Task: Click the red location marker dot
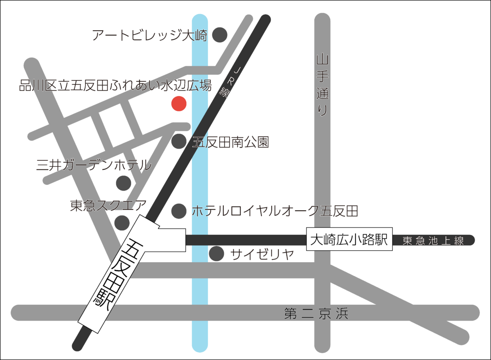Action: click(178, 103)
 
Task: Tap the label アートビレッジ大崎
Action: click(150, 36)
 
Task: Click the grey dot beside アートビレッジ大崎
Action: click(219, 36)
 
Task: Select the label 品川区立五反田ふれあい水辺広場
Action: click(115, 86)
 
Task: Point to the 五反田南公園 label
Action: click(231, 142)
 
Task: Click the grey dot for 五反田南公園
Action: click(178, 142)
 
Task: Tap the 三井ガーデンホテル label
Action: click(94, 165)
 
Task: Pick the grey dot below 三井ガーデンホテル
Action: click(123, 183)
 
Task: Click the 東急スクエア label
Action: click(108, 205)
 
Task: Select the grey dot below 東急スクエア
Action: click(122, 223)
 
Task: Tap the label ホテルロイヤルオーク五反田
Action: click(275, 211)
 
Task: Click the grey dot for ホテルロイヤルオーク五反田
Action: click(178, 211)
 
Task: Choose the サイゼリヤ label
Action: click(262, 254)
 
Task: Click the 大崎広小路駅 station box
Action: click(349, 240)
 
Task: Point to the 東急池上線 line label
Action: click(433, 241)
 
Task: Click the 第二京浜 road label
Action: click(316, 314)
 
